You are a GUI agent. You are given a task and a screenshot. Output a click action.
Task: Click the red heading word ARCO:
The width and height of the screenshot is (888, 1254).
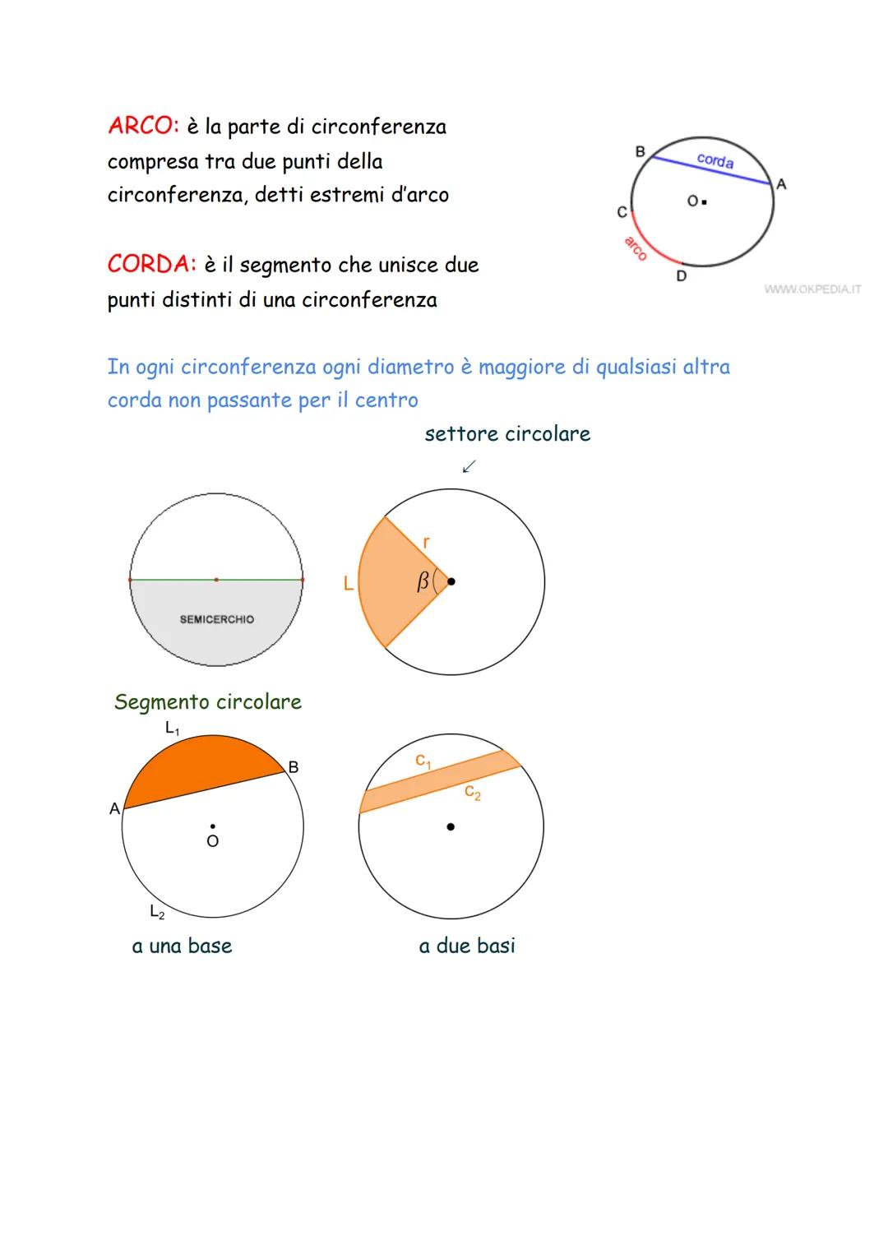pos(142,127)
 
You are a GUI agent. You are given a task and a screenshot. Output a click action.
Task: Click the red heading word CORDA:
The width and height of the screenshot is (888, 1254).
pos(152,265)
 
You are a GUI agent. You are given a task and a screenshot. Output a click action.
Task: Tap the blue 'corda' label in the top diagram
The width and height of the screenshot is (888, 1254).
pos(715,160)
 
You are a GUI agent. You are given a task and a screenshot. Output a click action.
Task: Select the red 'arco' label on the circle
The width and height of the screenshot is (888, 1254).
pos(635,248)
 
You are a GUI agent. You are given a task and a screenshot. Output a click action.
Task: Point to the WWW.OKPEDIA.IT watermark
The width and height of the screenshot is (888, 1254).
pos(812,289)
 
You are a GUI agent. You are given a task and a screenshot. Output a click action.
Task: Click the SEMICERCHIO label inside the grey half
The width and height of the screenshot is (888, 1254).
pos(217,619)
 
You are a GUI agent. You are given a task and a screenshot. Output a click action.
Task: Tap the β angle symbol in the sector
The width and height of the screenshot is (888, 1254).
pos(423,582)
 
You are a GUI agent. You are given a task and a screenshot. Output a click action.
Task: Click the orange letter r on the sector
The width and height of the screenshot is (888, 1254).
pos(426,542)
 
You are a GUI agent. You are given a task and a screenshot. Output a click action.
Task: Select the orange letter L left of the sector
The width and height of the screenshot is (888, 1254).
pos(348,584)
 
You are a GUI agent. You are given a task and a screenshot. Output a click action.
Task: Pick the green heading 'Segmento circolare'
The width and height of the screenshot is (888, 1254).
pos(208,701)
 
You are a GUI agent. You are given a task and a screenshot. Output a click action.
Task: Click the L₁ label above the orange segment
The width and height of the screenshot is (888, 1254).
pos(173,729)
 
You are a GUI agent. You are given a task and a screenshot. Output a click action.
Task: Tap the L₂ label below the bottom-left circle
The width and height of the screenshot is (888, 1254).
pos(157,911)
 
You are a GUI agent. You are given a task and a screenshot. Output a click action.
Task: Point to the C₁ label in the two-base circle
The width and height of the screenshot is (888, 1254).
pos(423,761)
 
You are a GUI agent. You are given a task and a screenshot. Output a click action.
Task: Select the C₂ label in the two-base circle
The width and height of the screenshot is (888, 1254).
pos(473,793)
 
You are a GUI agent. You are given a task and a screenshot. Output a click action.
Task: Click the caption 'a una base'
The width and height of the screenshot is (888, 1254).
pos(182,946)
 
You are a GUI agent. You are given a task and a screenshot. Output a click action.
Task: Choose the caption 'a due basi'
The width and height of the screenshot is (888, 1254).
pos(467,946)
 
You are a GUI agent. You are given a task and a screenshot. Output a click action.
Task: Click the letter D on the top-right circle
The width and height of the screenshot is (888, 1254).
pos(681,276)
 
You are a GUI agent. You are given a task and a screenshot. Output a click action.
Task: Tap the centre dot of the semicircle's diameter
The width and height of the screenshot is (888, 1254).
pos(216,580)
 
